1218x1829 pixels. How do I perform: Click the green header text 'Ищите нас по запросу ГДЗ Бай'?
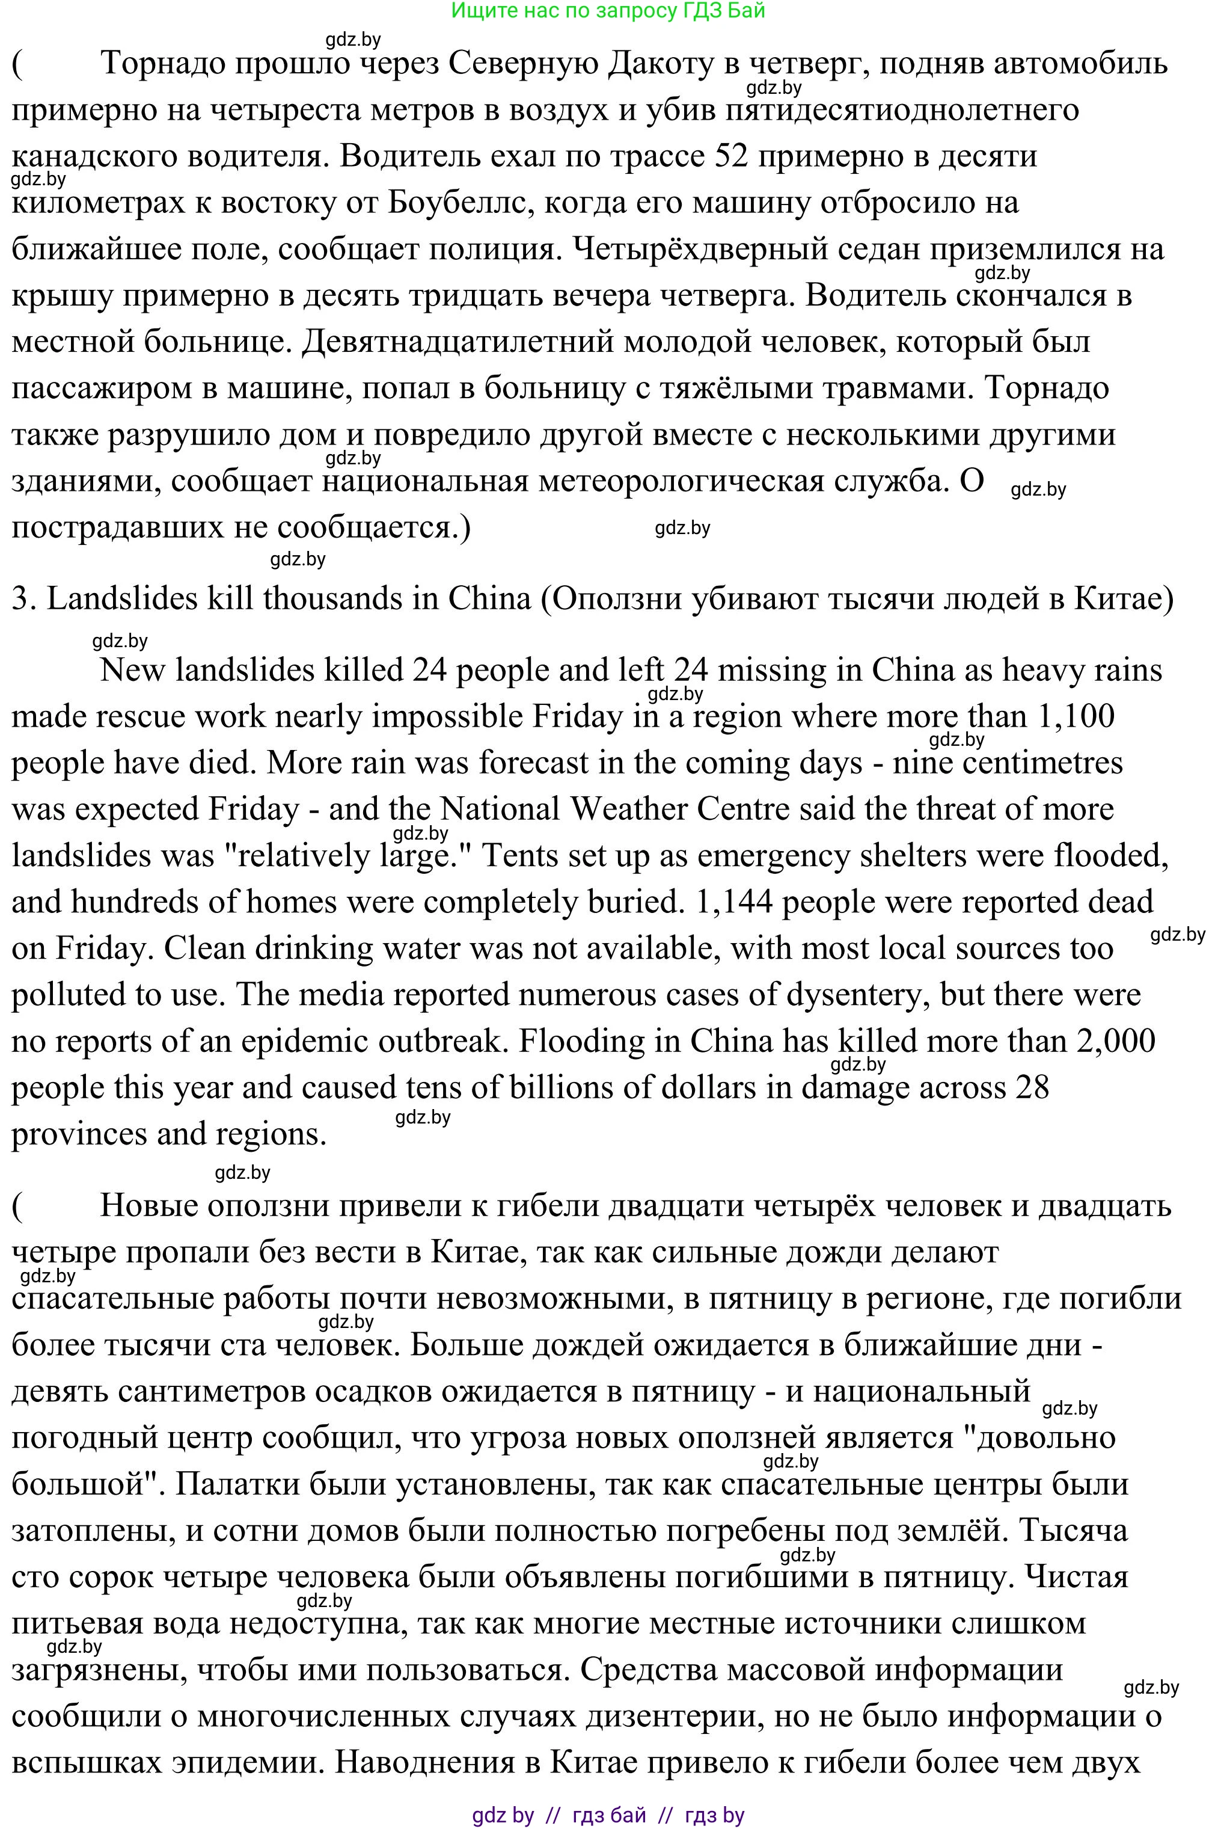tap(608, 11)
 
